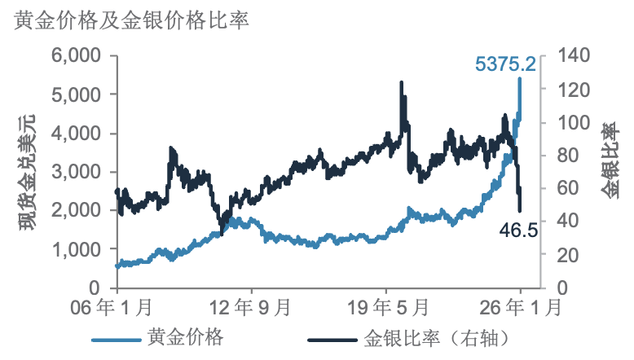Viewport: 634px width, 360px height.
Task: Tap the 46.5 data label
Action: coord(518,231)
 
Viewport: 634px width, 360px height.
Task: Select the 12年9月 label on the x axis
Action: coord(251,308)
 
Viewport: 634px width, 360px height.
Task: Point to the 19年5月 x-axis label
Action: coord(386,308)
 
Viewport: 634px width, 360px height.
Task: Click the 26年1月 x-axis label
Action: coord(521,308)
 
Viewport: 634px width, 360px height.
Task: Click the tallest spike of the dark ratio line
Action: coord(401,82)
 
